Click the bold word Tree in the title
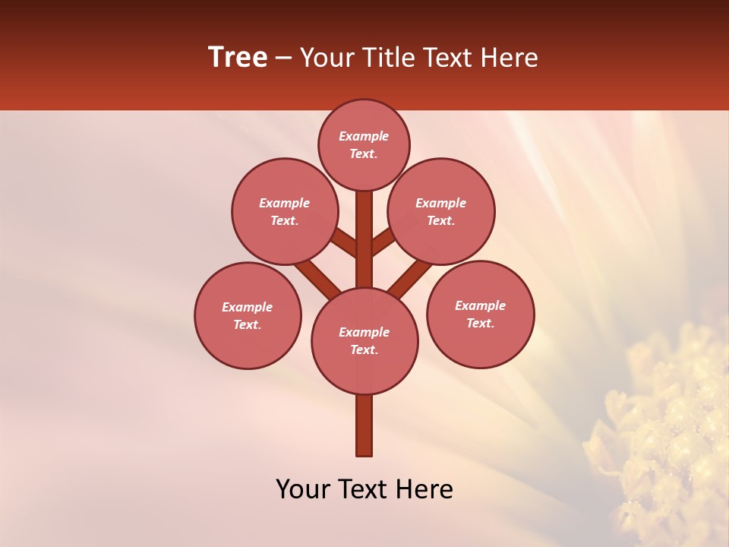238,58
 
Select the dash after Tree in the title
283,58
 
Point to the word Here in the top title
510,58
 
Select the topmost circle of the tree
364,144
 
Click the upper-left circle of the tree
284,211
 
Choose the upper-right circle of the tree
441,211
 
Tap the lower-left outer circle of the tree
248,315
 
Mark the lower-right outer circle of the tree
480,314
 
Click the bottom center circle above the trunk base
364,340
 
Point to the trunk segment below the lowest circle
364,425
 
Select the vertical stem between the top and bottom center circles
364,239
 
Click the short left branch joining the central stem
344,242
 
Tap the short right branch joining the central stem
382,242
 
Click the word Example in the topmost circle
364,136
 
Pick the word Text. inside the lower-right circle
480,323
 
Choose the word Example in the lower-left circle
247,307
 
